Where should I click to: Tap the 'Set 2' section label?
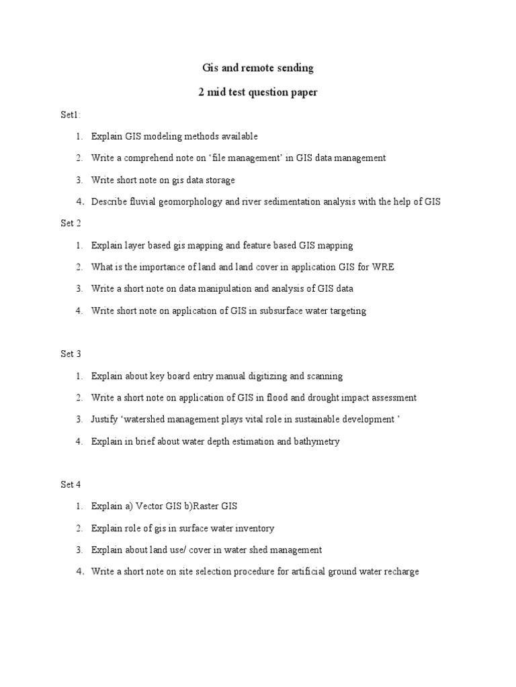pyautogui.click(x=71, y=223)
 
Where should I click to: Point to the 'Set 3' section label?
pyautogui.click(x=71, y=354)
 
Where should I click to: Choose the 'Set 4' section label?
pyautogui.click(x=71, y=484)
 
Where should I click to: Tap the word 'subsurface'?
pyautogui.click(x=276, y=311)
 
